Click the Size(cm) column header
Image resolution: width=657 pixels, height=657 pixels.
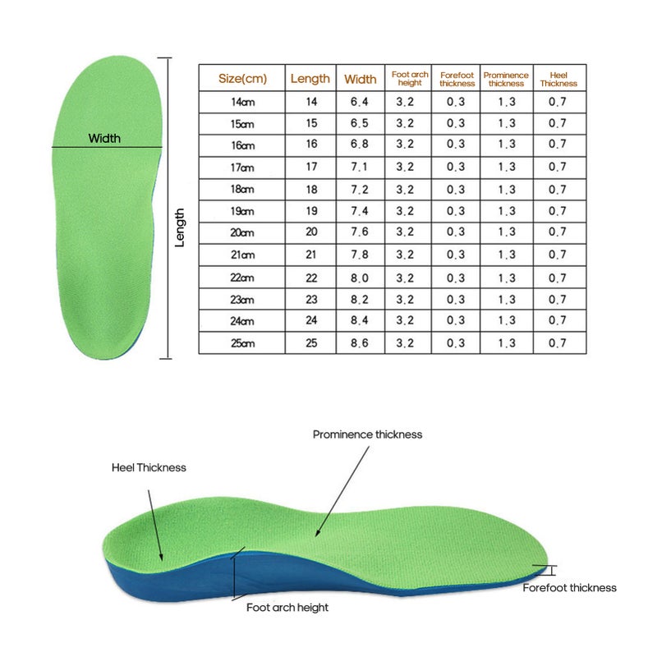tap(242, 78)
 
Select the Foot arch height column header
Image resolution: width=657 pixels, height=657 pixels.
tap(410, 78)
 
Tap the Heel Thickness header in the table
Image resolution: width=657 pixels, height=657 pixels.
tap(558, 79)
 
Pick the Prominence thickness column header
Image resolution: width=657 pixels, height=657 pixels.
tap(506, 79)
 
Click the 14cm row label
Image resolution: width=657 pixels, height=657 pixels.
tap(242, 102)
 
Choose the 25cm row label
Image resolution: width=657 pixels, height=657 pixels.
tap(242, 343)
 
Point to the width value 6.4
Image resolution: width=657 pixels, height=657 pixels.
tap(360, 102)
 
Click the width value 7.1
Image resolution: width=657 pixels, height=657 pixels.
tap(360, 167)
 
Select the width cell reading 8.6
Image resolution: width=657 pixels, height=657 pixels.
tap(360, 343)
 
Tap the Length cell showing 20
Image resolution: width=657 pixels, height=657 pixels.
tap(311, 232)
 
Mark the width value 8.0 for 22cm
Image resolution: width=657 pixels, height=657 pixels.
tap(360, 278)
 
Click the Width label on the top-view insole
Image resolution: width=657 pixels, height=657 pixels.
tap(104, 138)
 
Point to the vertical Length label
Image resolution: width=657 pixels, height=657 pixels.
tap(179, 227)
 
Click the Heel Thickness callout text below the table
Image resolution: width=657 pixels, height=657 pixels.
tap(149, 467)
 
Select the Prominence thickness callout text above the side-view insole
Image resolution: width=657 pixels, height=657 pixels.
tap(367, 434)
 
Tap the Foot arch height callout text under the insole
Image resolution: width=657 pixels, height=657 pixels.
tap(287, 608)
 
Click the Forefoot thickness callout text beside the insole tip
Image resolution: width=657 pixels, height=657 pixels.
tap(569, 588)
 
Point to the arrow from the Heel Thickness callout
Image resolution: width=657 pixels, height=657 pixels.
tap(155, 526)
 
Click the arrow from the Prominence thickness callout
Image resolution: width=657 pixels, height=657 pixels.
tap(342, 491)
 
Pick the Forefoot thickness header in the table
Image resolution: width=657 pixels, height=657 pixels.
tap(457, 79)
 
